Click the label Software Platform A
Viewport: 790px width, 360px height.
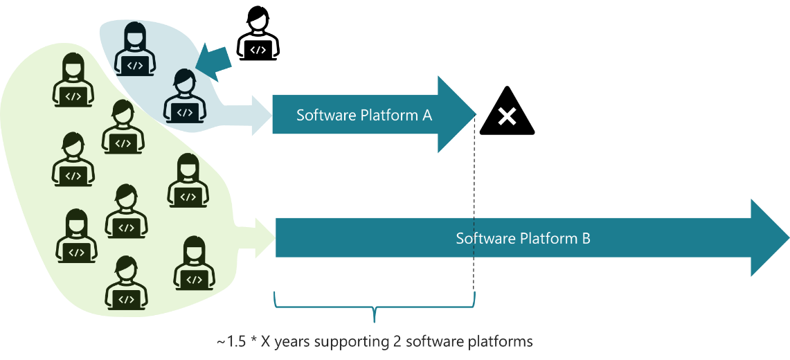tap(364, 115)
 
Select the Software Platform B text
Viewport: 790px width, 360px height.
tap(523, 239)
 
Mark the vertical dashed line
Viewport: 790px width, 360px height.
tap(475, 201)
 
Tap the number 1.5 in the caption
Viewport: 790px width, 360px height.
tap(234, 341)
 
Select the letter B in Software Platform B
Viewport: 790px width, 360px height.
tap(586, 239)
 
